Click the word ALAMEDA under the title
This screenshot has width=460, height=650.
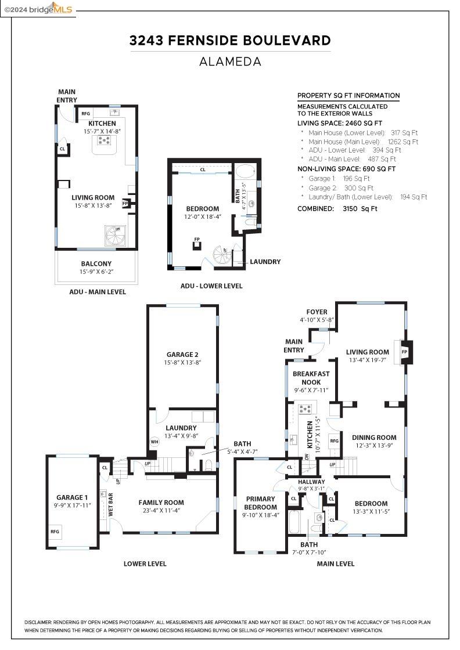(230, 62)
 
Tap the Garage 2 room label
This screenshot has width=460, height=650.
(182, 355)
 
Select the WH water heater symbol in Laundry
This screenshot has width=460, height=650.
(154, 442)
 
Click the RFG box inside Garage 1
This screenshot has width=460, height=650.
(55, 532)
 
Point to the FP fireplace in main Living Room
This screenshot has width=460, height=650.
(404, 352)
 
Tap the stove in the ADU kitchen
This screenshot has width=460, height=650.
(105, 140)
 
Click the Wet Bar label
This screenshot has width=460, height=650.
(110, 505)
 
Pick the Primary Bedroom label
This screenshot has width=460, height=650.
(261, 503)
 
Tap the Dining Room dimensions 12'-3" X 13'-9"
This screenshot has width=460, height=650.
(375, 446)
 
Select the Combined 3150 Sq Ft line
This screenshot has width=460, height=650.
(337, 208)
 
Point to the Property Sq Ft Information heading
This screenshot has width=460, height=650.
(348, 96)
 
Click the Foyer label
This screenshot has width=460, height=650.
(317, 312)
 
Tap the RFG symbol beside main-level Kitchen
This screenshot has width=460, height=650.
(334, 441)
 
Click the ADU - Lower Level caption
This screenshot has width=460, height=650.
(211, 286)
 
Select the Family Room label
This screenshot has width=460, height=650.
(161, 503)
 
